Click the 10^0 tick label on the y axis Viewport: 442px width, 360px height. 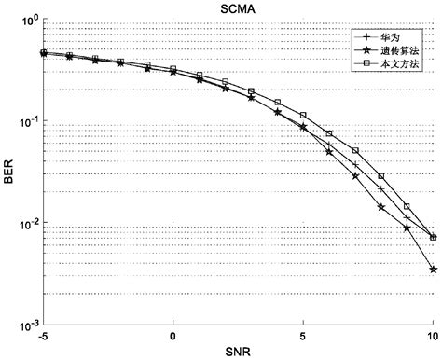click(x=25, y=20)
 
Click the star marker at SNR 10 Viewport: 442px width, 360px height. click(x=434, y=270)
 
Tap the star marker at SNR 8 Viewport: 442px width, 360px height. click(x=381, y=207)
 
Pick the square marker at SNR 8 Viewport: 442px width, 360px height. click(x=381, y=176)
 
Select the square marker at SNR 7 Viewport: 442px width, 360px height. click(x=355, y=151)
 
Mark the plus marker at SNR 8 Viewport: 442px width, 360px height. click(x=381, y=189)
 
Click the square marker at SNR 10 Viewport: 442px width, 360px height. click(x=434, y=238)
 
